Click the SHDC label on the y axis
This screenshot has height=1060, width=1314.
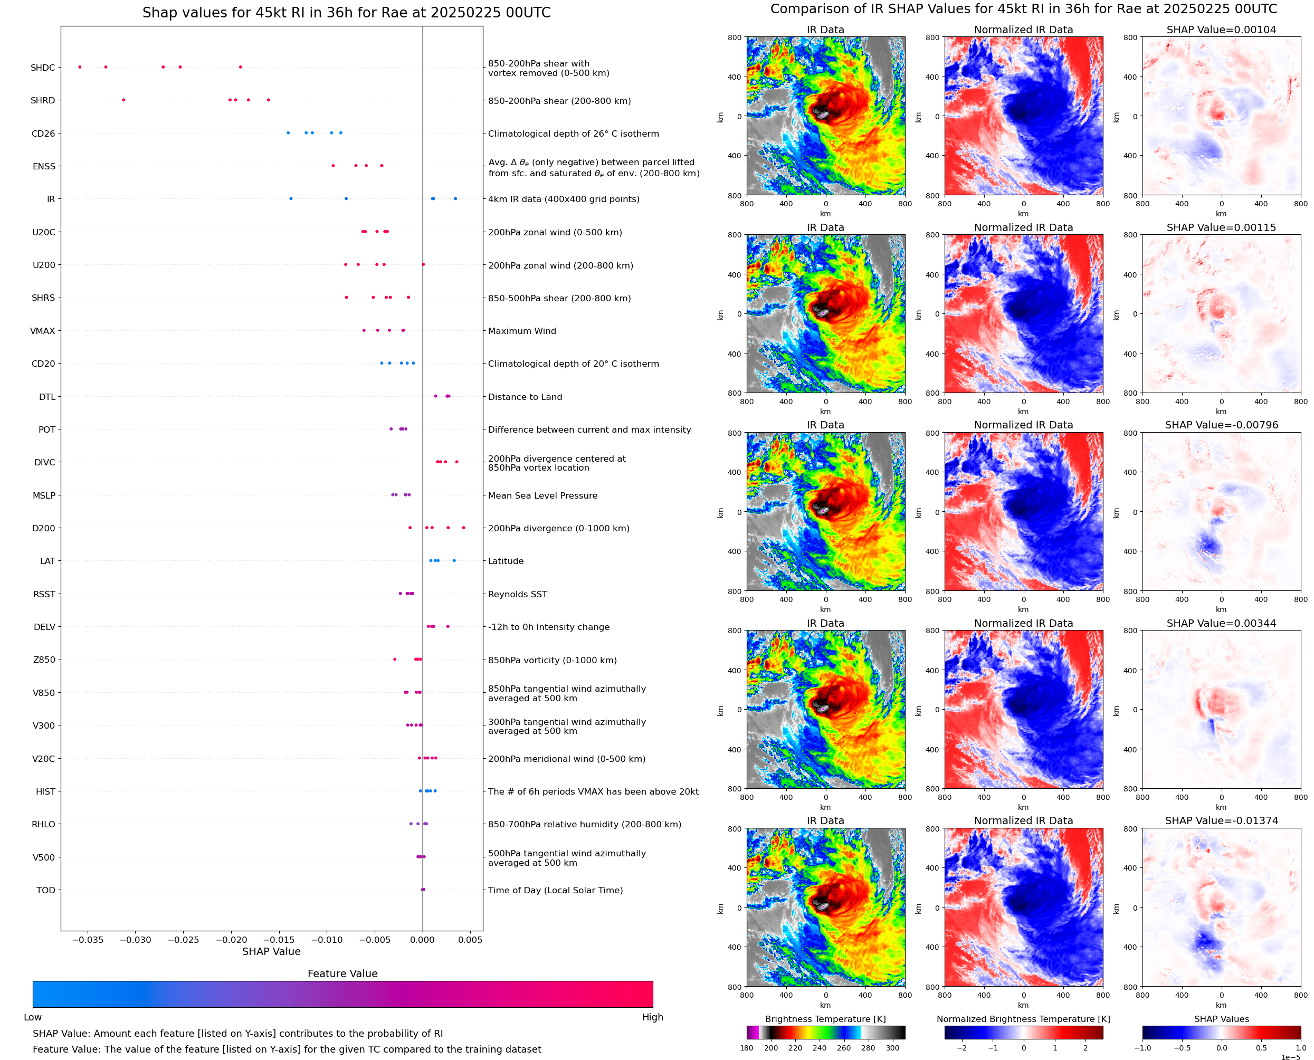pyautogui.click(x=43, y=68)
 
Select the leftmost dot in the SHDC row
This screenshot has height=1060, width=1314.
pyautogui.click(x=80, y=67)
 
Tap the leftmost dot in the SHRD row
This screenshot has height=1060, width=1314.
pyautogui.click(x=123, y=100)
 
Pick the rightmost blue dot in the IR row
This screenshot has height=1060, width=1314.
pyautogui.click(x=455, y=198)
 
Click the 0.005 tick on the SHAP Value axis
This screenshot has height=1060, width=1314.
pyautogui.click(x=470, y=940)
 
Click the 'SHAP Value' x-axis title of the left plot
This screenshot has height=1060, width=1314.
pyautogui.click(x=271, y=951)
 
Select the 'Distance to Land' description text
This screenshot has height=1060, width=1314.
pyautogui.click(x=525, y=397)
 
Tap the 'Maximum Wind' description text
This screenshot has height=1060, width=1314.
pyautogui.click(x=521, y=331)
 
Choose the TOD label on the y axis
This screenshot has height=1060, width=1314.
pyautogui.click(x=45, y=890)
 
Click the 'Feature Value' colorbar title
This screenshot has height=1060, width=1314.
pyautogui.click(x=342, y=973)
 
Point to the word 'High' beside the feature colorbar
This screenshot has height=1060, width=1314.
pyautogui.click(x=652, y=1017)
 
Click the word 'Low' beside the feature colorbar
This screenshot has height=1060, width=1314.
pyautogui.click(x=32, y=1017)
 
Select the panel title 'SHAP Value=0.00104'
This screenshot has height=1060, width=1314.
pyautogui.click(x=1221, y=30)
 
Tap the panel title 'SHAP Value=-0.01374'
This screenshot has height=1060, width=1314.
pyautogui.click(x=1221, y=820)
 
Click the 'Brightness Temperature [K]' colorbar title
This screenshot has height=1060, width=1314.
pyautogui.click(x=825, y=1018)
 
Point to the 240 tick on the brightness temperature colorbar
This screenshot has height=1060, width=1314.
pyautogui.click(x=820, y=1048)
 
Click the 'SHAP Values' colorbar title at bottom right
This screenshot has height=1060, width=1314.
pyautogui.click(x=1221, y=1018)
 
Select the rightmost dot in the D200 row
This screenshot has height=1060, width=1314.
pyautogui.click(x=463, y=528)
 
